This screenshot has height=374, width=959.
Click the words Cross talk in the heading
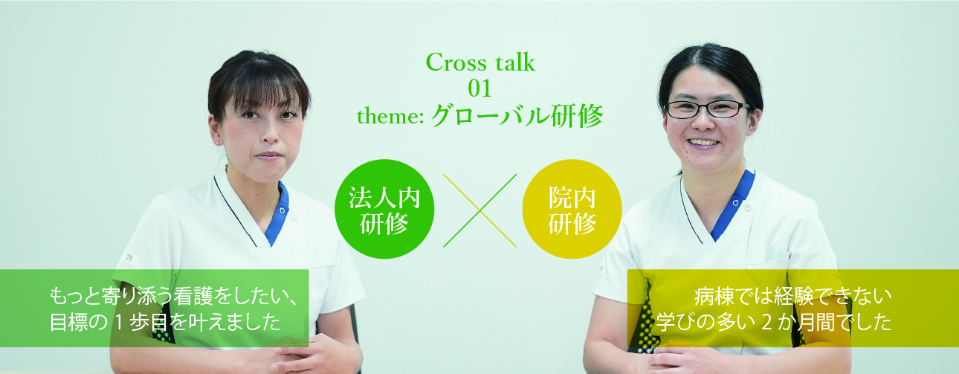click(x=480, y=62)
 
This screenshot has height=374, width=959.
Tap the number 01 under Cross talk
click(x=479, y=88)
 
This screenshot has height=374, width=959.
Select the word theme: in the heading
click(x=390, y=116)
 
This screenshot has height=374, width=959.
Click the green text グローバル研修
click(x=517, y=115)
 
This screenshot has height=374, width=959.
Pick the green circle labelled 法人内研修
click(x=384, y=209)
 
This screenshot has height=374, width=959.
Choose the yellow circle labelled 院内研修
click(x=572, y=209)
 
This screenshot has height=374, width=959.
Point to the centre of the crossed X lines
click(x=480, y=210)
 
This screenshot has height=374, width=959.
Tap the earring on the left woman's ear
click(x=218, y=142)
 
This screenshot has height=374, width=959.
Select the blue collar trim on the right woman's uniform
click(x=733, y=205)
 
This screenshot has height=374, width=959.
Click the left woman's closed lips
click(x=268, y=155)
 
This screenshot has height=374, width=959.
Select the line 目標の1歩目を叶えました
click(x=165, y=322)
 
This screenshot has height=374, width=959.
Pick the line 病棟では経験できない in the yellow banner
click(x=792, y=296)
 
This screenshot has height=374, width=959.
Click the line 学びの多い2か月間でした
click(x=774, y=322)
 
